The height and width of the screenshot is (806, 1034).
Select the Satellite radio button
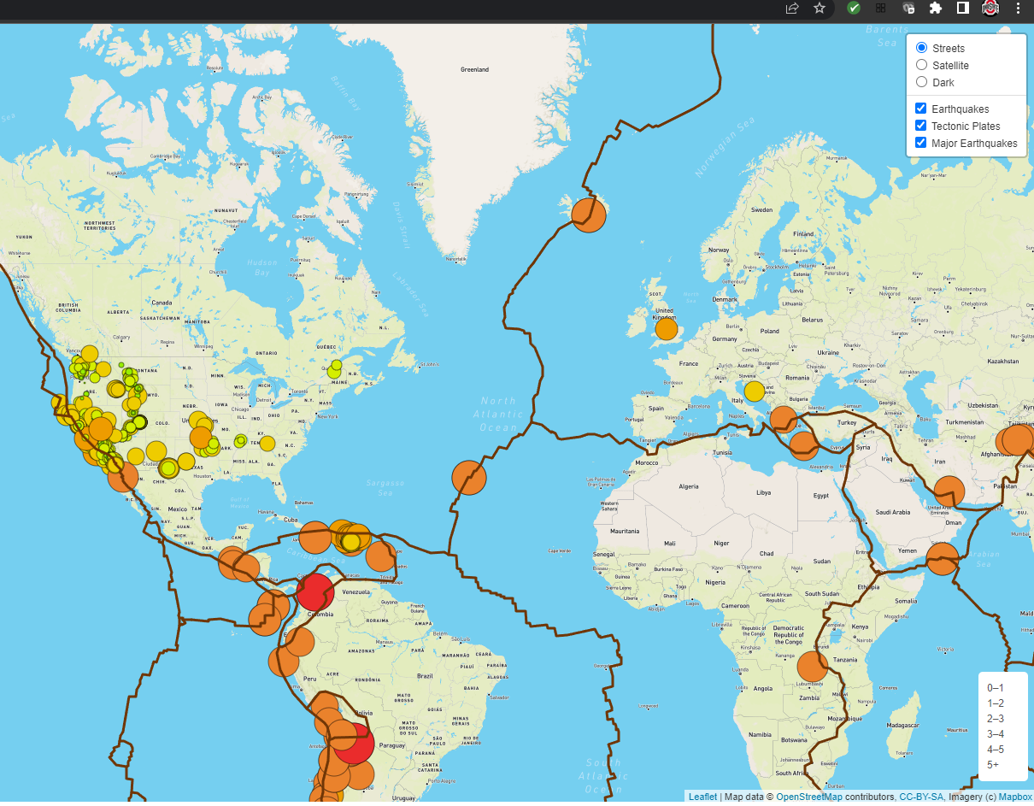tap(921, 65)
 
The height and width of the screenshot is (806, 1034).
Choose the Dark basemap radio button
tap(921, 82)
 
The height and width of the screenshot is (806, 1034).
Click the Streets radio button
tap(921, 48)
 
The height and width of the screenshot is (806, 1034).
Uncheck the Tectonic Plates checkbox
tap(920, 126)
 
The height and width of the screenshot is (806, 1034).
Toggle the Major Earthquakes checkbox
tap(920, 143)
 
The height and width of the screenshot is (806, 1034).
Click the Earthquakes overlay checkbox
tap(920, 109)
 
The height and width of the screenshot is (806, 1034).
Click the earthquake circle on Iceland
tap(588, 214)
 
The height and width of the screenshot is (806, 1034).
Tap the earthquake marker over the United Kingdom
tap(666, 329)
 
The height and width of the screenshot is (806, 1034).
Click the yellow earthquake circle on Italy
tap(754, 391)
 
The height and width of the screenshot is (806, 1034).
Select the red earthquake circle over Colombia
tap(314, 591)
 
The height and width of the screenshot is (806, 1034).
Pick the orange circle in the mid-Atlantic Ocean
tap(468, 478)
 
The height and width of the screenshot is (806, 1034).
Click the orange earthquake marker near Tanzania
tap(813, 667)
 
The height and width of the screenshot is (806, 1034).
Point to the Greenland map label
tap(474, 69)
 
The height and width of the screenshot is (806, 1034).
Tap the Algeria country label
tap(688, 486)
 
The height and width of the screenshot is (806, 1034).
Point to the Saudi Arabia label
tap(895, 512)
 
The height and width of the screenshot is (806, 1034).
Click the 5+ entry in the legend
tap(994, 764)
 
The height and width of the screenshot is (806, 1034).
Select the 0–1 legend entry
tap(996, 687)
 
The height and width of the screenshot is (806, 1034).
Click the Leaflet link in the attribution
tap(703, 797)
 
